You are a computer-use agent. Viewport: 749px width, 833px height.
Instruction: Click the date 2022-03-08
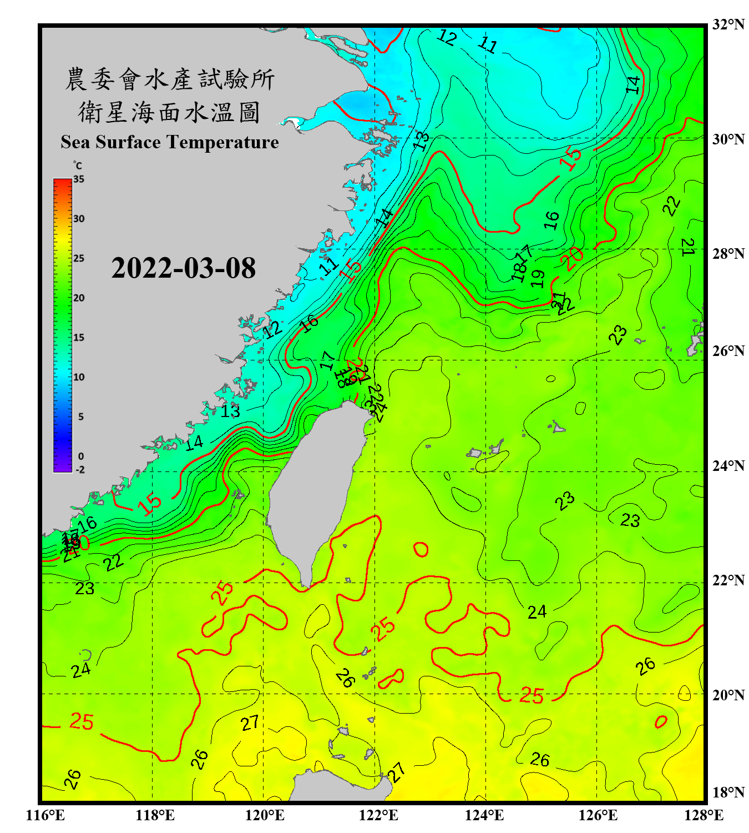183,268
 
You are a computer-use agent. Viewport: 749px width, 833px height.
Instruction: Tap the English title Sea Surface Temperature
170,142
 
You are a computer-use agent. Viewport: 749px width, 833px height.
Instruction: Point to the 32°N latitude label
728,24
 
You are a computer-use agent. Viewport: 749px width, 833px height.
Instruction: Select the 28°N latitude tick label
728,253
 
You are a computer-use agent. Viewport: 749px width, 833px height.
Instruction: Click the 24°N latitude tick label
728,465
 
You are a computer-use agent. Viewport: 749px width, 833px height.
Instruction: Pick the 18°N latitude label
728,792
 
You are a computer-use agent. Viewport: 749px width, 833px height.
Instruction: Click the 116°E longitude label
45,815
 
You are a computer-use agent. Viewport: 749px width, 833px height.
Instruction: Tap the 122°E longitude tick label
378,815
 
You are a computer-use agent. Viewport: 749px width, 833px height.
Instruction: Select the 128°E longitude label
704,815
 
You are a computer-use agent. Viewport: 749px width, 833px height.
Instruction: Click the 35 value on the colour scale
79,179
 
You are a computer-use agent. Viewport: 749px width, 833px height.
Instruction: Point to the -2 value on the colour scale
80,469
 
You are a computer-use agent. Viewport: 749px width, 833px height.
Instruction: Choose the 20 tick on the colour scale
79,298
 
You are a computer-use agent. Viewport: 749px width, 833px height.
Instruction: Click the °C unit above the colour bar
78,165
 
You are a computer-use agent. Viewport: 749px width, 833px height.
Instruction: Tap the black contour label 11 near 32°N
488,44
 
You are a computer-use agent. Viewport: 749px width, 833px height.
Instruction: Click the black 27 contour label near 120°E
250,723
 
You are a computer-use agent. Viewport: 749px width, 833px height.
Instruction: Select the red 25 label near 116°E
82,721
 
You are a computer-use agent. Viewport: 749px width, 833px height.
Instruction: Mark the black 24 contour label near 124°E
537,612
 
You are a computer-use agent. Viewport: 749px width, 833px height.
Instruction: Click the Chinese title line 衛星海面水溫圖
169,112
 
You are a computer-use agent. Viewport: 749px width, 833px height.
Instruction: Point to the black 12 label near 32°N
447,37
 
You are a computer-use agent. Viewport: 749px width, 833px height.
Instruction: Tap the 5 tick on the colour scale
81,416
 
